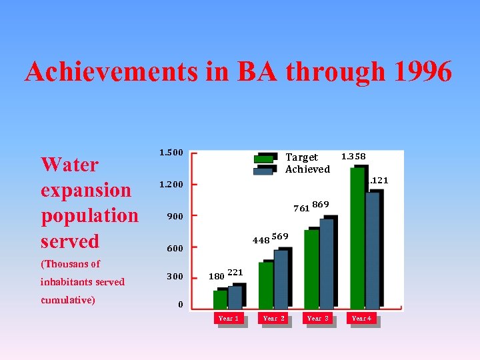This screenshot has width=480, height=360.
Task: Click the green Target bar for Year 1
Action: pyautogui.click(x=219, y=299)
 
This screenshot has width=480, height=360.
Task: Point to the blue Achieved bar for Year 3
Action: pyautogui.click(x=326, y=263)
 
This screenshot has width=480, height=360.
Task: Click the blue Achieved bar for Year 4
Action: pyautogui.click(x=372, y=250)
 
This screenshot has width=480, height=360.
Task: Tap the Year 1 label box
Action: pyautogui.click(x=228, y=319)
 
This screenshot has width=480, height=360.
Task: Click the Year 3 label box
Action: pyautogui.click(x=318, y=319)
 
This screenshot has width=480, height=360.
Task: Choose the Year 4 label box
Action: pyautogui.click(x=361, y=319)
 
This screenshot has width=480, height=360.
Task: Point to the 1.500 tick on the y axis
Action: pyautogui.click(x=171, y=153)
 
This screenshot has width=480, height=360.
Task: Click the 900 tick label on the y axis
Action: pyautogui.click(x=174, y=216)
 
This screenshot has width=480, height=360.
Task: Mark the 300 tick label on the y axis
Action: pyautogui.click(x=174, y=276)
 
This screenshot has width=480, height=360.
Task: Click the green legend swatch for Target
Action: pyautogui.click(x=264, y=158)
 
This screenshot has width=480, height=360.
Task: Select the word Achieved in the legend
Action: pyautogui.click(x=307, y=169)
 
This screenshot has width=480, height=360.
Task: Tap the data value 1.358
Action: pyautogui.click(x=353, y=157)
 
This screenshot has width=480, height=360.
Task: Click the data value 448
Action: pyautogui.click(x=260, y=240)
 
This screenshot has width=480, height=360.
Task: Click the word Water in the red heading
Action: pyautogui.click(x=69, y=164)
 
